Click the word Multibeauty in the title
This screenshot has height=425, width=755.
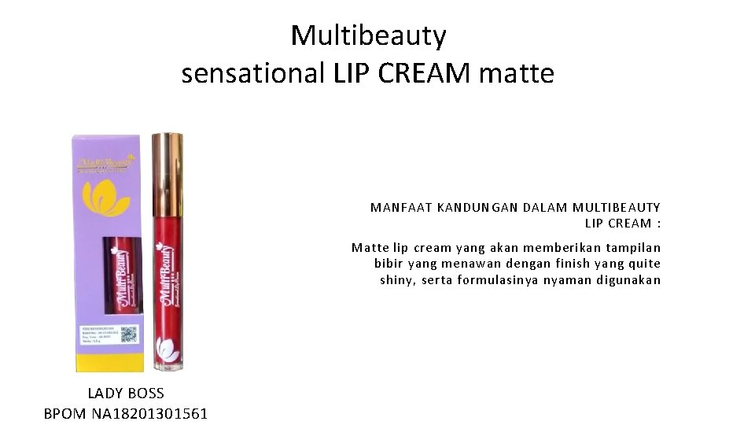[x=368, y=36]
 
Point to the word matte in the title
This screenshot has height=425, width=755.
[x=516, y=74]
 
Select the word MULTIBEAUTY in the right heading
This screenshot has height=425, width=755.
[x=617, y=208]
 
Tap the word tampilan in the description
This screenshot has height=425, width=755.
[x=633, y=247]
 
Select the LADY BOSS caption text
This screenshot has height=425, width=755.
[x=126, y=394]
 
